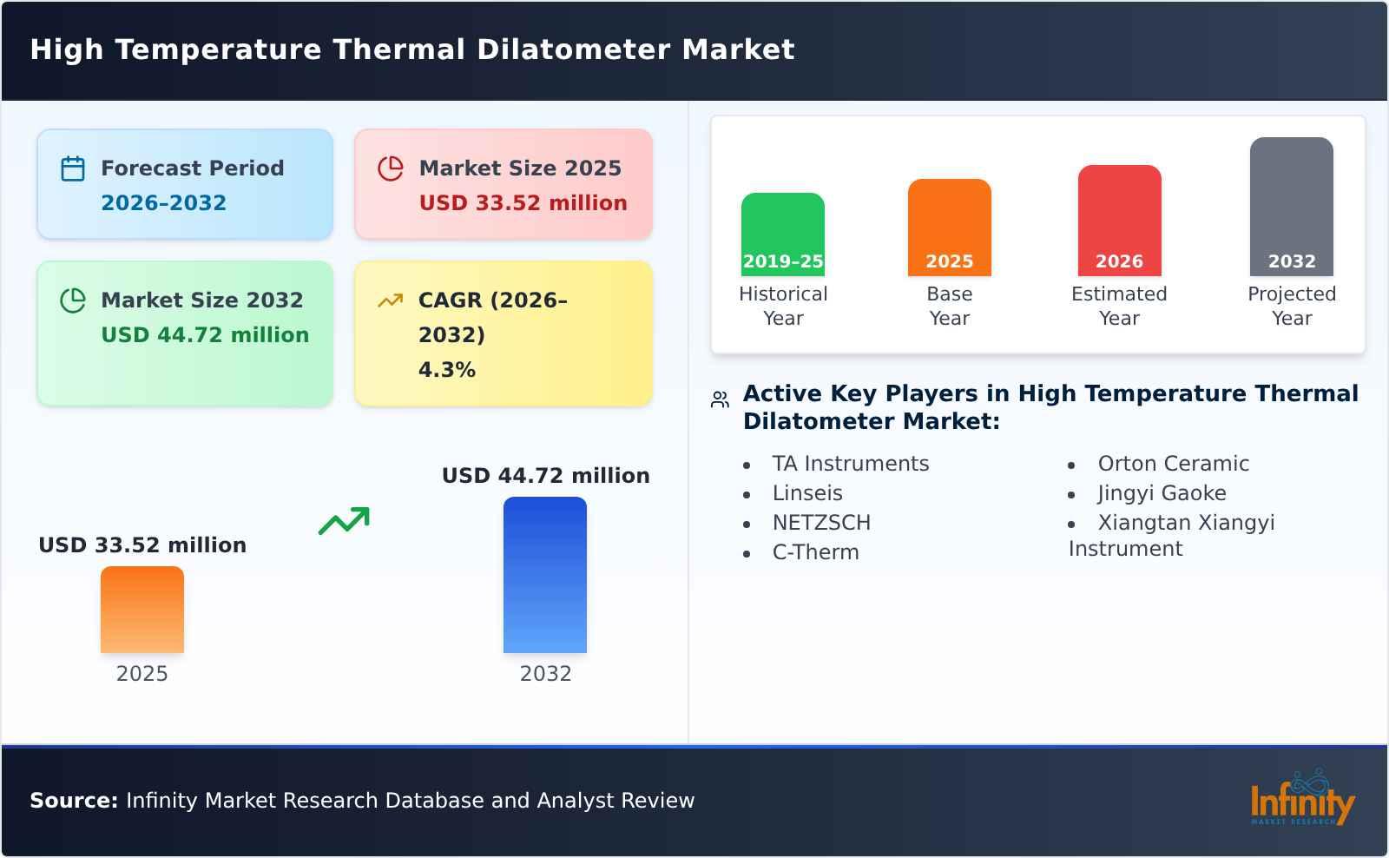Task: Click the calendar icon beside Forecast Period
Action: pos(73,168)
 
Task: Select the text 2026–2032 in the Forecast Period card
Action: pos(163,202)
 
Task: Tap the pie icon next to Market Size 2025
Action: pos(391,168)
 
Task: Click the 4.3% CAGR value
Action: pos(446,369)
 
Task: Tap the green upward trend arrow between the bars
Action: pos(344,521)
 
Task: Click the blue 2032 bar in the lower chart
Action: pos(545,574)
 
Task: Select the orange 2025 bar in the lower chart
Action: pos(142,609)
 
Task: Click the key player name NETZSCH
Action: pos(821,523)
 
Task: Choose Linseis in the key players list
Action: pos(807,493)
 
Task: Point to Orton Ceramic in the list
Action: pos(1173,464)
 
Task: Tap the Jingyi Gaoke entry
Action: pos(1162,493)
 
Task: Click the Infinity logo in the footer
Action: pos(1301,799)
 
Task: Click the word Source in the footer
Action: pos(73,801)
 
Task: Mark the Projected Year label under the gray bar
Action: pos(1291,306)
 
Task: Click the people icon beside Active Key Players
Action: pos(720,399)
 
